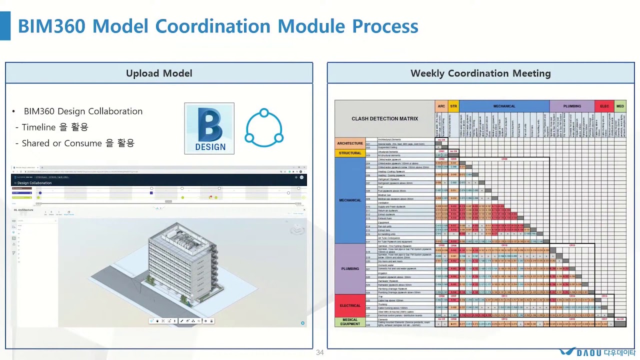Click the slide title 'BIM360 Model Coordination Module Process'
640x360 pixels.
pos(218,26)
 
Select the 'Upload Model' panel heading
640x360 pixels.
pos(159,73)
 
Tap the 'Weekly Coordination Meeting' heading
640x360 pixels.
pos(480,73)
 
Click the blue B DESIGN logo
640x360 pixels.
pos(209,128)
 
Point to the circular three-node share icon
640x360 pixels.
pos(264,128)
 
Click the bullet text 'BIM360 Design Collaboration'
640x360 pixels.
pos(83,111)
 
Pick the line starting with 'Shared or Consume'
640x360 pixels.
pos(75,143)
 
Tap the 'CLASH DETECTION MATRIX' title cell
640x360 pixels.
pos(384,119)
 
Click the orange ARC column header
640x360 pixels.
pos(441,106)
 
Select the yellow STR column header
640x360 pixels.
pos(453,106)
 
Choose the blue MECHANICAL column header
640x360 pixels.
pos(504,106)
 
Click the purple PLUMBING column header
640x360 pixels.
pos(572,106)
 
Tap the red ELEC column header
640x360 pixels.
pos(604,106)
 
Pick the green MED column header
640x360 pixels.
pos(620,106)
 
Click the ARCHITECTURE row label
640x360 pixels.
pos(350,143)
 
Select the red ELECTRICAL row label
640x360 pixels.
pos(350,305)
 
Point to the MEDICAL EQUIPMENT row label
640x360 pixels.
pos(350,322)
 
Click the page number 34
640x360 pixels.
pos(320,353)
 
